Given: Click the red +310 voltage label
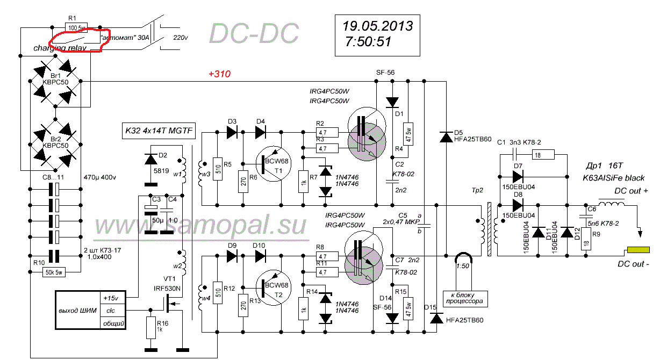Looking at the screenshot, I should (x=219, y=74).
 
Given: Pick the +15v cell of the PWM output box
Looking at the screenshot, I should (x=113, y=297).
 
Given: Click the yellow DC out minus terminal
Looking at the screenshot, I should (x=639, y=250).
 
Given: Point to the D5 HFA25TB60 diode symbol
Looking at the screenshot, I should (x=446, y=138).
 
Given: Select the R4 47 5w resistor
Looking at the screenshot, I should (x=408, y=131).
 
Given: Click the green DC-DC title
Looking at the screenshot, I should (x=253, y=33).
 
